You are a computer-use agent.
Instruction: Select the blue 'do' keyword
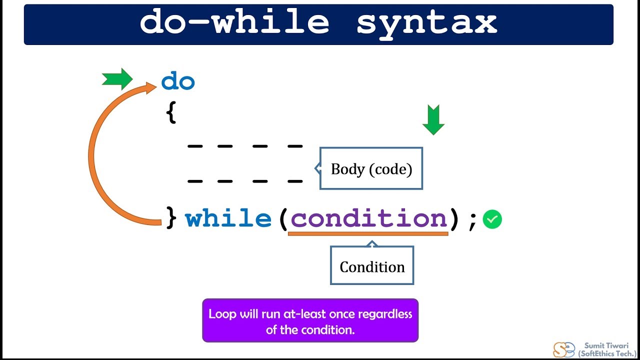point(178,81)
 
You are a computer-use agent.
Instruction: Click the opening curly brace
point(171,114)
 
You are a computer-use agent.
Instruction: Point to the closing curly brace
point(171,218)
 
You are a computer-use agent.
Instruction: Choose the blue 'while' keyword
point(228,218)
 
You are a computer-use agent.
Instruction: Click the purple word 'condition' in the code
point(368,218)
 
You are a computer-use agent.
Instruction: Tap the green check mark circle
point(492,219)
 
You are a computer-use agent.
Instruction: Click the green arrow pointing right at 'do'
point(117,79)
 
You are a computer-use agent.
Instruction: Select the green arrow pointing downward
point(433,120)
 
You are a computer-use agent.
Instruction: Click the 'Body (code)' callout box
point(371,169)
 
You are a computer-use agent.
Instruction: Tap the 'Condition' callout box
point(372,266)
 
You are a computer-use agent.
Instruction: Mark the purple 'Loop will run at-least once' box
point(310,320)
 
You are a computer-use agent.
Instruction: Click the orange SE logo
point(563,349)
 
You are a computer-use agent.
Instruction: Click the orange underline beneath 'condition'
point(368,233)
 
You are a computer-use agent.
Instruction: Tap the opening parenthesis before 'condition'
point(283,219)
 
